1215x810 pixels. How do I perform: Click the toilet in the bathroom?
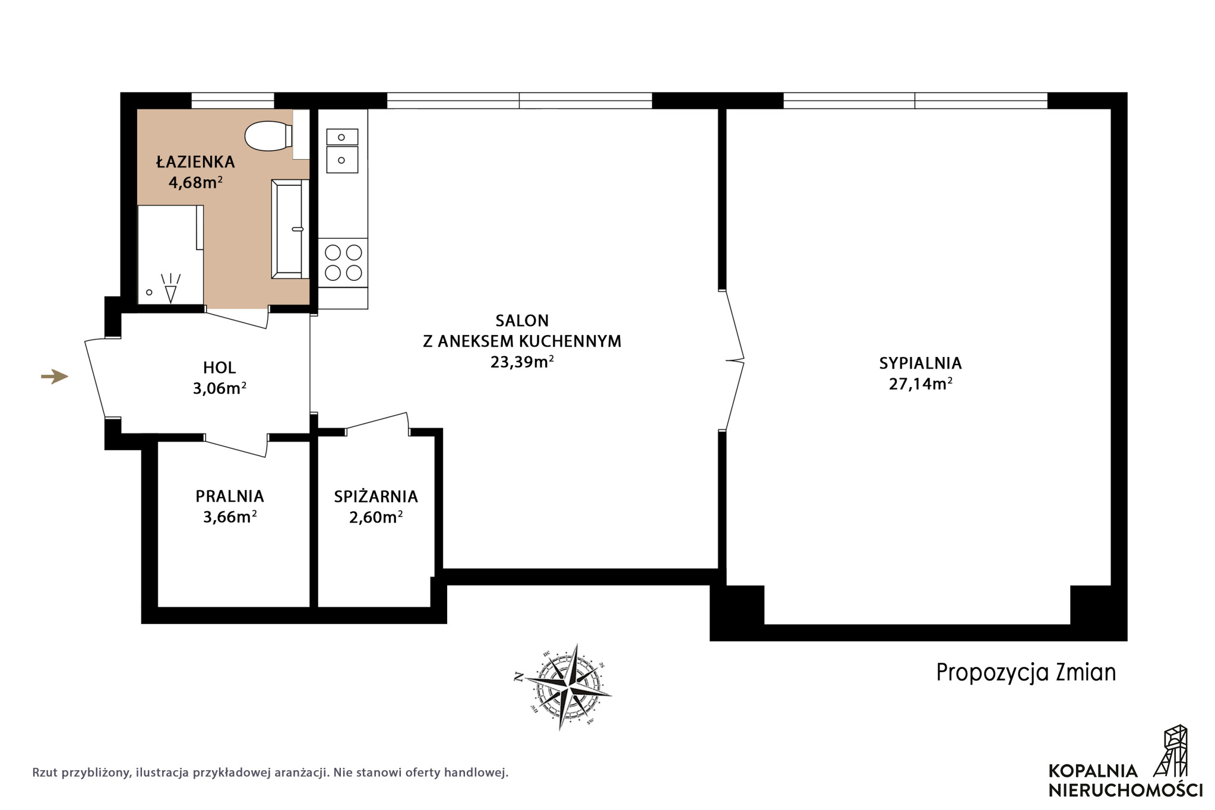coord(268,135)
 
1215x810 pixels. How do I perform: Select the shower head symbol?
coord(170,288)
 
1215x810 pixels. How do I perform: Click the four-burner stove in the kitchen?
coord(343,262)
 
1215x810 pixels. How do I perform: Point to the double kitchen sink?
coord(342,151)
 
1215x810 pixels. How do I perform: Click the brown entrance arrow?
coord(55,376)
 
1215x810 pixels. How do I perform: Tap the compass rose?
coord(562,686)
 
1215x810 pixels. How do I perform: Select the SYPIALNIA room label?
coord(920,363)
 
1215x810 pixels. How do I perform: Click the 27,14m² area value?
coord(920,384)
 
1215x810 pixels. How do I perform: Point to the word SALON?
coord(522,321)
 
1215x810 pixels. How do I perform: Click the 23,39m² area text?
coord(522,362)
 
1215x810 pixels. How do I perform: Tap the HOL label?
coord(219,368)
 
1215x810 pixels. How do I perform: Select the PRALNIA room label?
coord(230,496)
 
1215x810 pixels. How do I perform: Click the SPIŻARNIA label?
coord(376,496)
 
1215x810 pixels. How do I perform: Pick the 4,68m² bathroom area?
coord(195,182)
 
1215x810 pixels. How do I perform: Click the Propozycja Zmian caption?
coord(1026,672)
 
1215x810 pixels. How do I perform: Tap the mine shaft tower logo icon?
coord(1170,751)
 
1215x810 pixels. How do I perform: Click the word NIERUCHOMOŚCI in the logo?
coord(1125,790)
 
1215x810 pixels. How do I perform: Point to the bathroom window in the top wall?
coord(233,100)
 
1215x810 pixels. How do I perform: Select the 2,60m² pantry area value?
coord(376,517)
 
